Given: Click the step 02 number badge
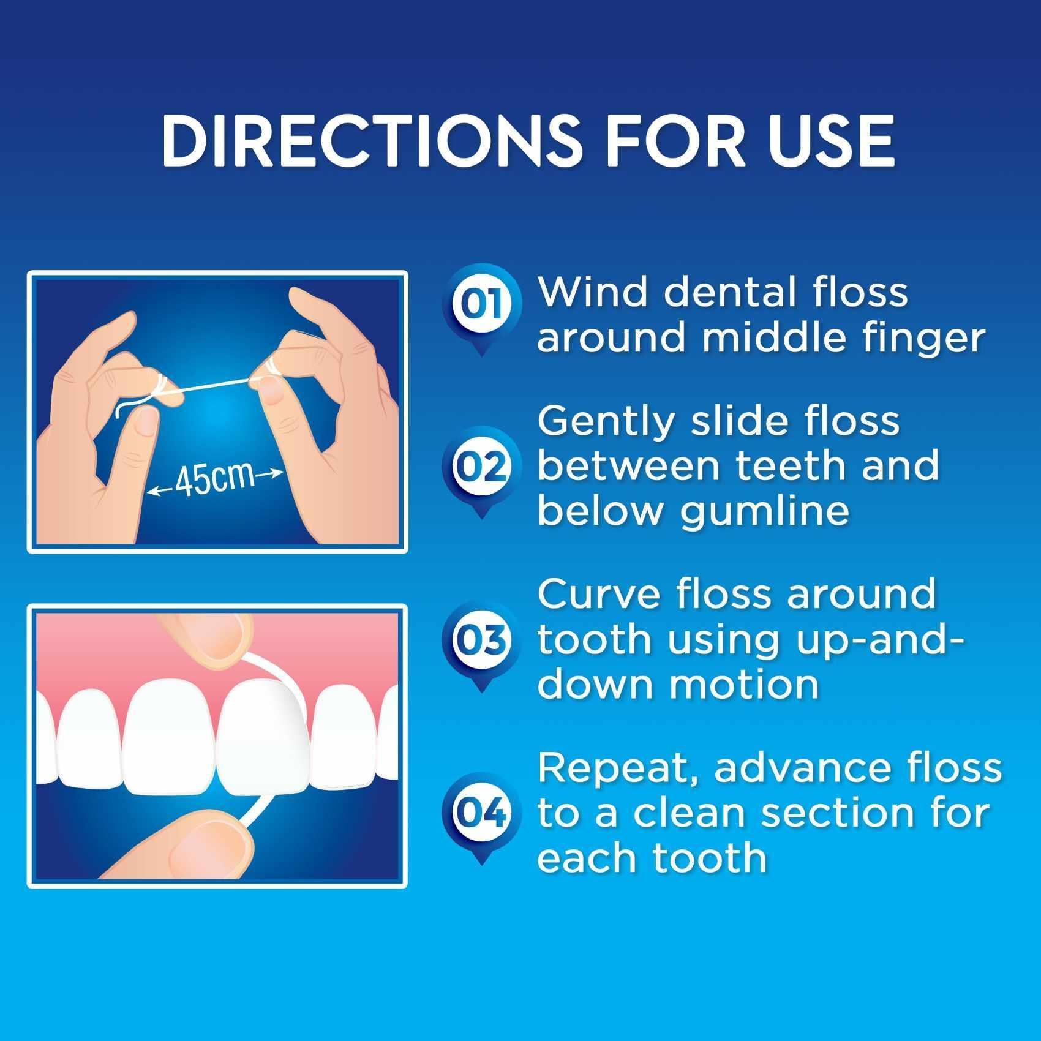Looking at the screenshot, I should [482, 467].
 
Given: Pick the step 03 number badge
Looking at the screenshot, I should [482, 640].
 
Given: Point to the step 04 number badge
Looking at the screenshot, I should [482, 813].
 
